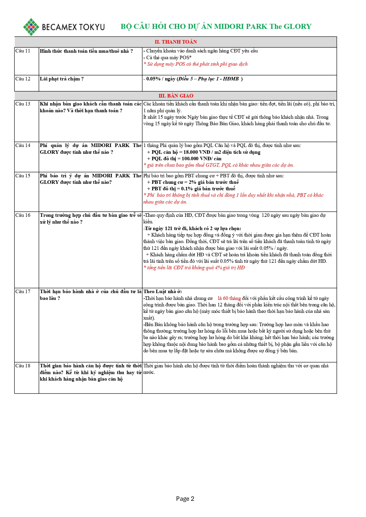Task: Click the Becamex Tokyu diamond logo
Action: [x=31, y=27]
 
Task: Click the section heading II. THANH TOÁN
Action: [x=176, y=42]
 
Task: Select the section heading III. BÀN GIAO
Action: [x=176, y=96]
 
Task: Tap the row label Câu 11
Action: [x=23, y=51]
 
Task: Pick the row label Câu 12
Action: [x=23, y=79]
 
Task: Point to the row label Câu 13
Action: [x=23, y=104]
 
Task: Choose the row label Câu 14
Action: [x=23, y=146]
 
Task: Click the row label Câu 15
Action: [x=23, y=176]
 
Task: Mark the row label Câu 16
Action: [x=23, y=215]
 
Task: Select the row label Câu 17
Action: [x=23, y=292]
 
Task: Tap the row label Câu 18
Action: [x=23, y=366]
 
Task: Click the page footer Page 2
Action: [x=185, y=499]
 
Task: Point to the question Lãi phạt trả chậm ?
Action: [x=62, y=79]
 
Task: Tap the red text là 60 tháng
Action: [x=229, y=298]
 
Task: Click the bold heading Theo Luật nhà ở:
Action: [x=163, y=292]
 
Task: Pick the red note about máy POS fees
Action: [x=196, y=64]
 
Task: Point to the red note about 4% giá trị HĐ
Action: [x=194, y=268]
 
